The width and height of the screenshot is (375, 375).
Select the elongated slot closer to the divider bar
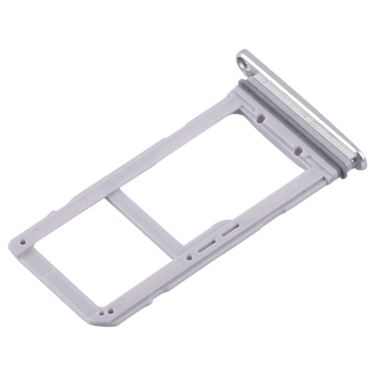[x=206, y=246]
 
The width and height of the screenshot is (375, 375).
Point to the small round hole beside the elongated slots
[x=189, y=258]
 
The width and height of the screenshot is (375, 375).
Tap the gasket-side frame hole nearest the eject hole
[x=260, y=119]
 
